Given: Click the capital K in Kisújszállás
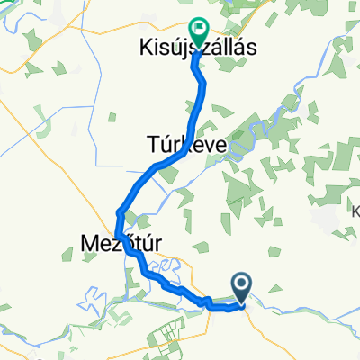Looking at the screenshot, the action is point(144,47).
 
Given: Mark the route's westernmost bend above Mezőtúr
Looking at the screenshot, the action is point(119,214).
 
